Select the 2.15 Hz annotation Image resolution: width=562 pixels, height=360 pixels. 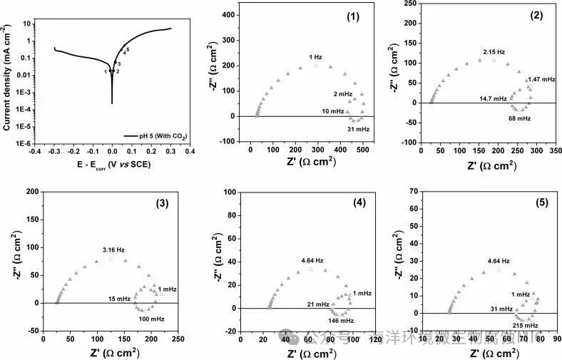(x=494, y=52)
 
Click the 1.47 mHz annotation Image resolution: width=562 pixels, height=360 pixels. (x=541, y=79)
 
